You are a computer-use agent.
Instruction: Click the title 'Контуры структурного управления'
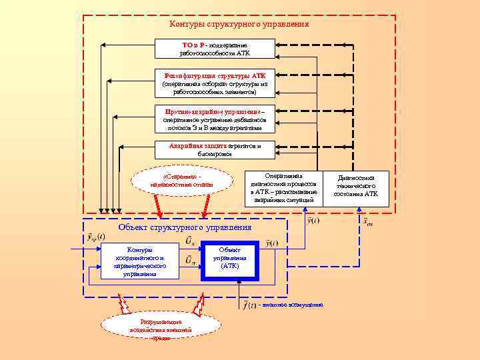[x=239, y=24]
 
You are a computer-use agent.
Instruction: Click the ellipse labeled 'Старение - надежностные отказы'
[x=182, y=180]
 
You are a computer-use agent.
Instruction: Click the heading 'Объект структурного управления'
[x=185, y=227]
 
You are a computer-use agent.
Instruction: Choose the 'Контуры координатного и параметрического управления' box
[x=139, y=261]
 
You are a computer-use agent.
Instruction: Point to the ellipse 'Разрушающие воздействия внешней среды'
[x=161, y=326]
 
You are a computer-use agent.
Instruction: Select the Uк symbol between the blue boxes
[x=190, y=240]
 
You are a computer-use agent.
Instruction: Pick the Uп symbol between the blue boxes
[x=190, y=259]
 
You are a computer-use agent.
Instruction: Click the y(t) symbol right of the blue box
[x=272, y=243]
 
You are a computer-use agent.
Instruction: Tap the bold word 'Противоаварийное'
[x=194, y=111]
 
